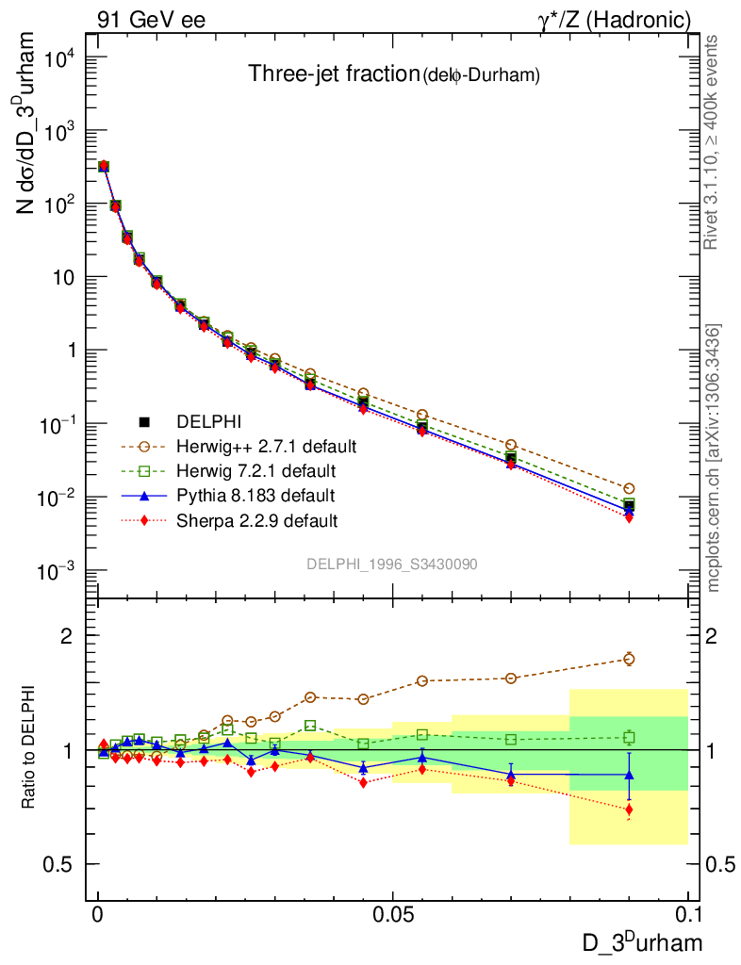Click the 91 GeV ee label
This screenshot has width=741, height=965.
[151, 20]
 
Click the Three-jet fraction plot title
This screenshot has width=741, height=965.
[393, 74]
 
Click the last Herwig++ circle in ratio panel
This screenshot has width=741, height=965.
[629, 659]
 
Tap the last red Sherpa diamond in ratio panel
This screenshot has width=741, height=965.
[629, 810]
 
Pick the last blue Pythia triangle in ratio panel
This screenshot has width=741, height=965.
[629, 775]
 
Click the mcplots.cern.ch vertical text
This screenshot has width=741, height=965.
[714, 459]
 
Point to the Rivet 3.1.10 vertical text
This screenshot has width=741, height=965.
[714, 141]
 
